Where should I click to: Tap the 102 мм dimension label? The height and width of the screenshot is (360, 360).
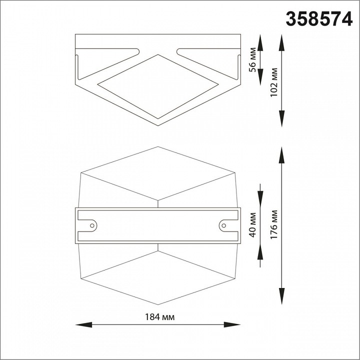click(273, 83)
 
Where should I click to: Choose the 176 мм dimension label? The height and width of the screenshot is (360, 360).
click(274, 224)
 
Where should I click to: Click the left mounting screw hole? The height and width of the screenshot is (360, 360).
click(92, 226)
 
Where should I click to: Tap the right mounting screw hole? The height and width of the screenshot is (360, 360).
click(223, 226)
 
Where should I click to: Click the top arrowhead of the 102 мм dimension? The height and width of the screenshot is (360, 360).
click(282, 40)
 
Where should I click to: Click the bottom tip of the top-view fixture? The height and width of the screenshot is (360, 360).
click(158, 125)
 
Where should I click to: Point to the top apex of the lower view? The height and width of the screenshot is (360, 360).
click(158, 147)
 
